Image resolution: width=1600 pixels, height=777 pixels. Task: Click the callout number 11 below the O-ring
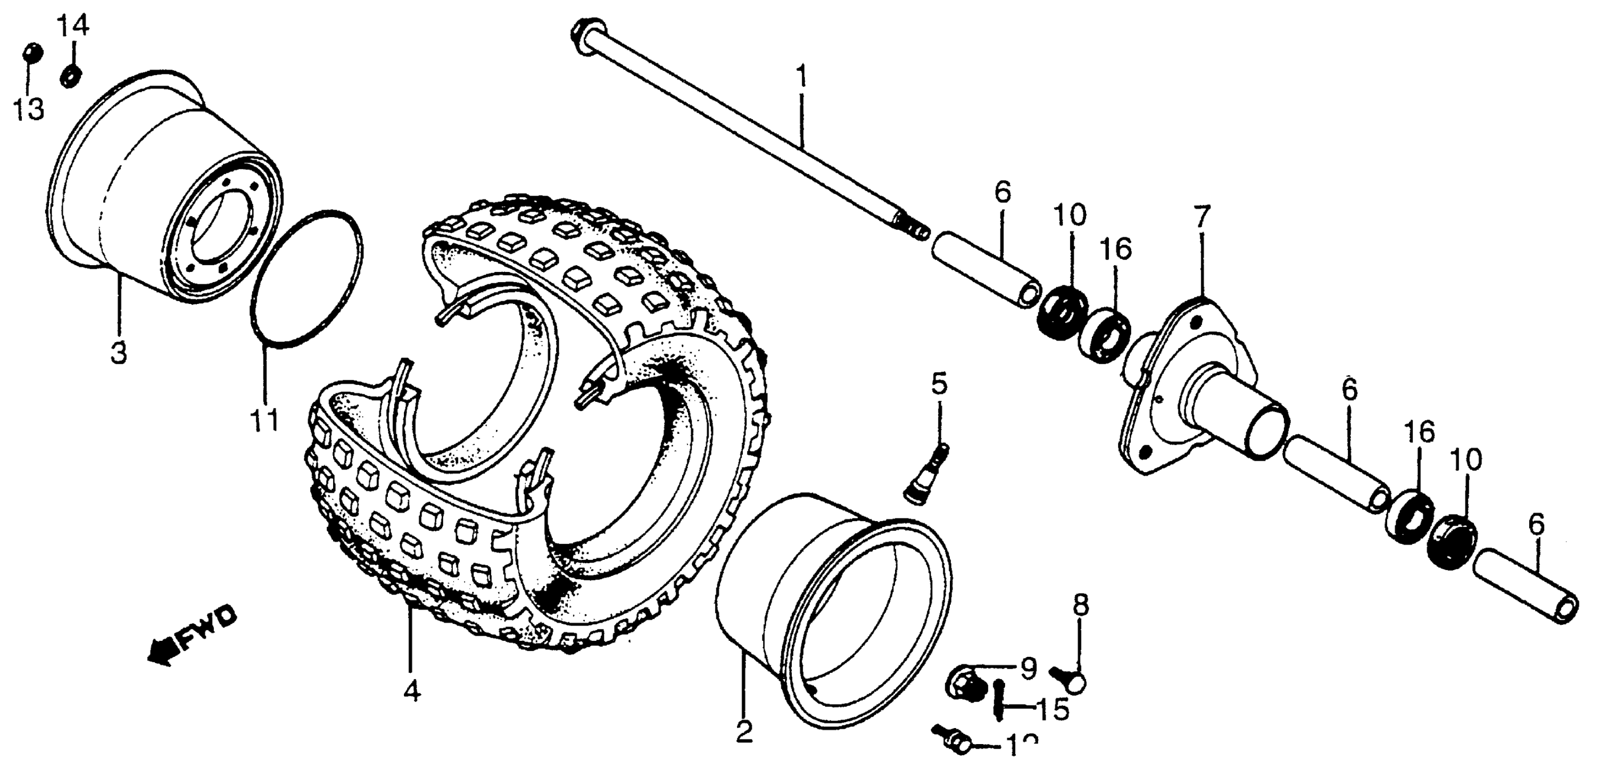265,421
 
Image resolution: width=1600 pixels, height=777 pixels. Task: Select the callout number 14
73,26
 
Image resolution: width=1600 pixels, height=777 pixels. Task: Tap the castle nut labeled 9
966,684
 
